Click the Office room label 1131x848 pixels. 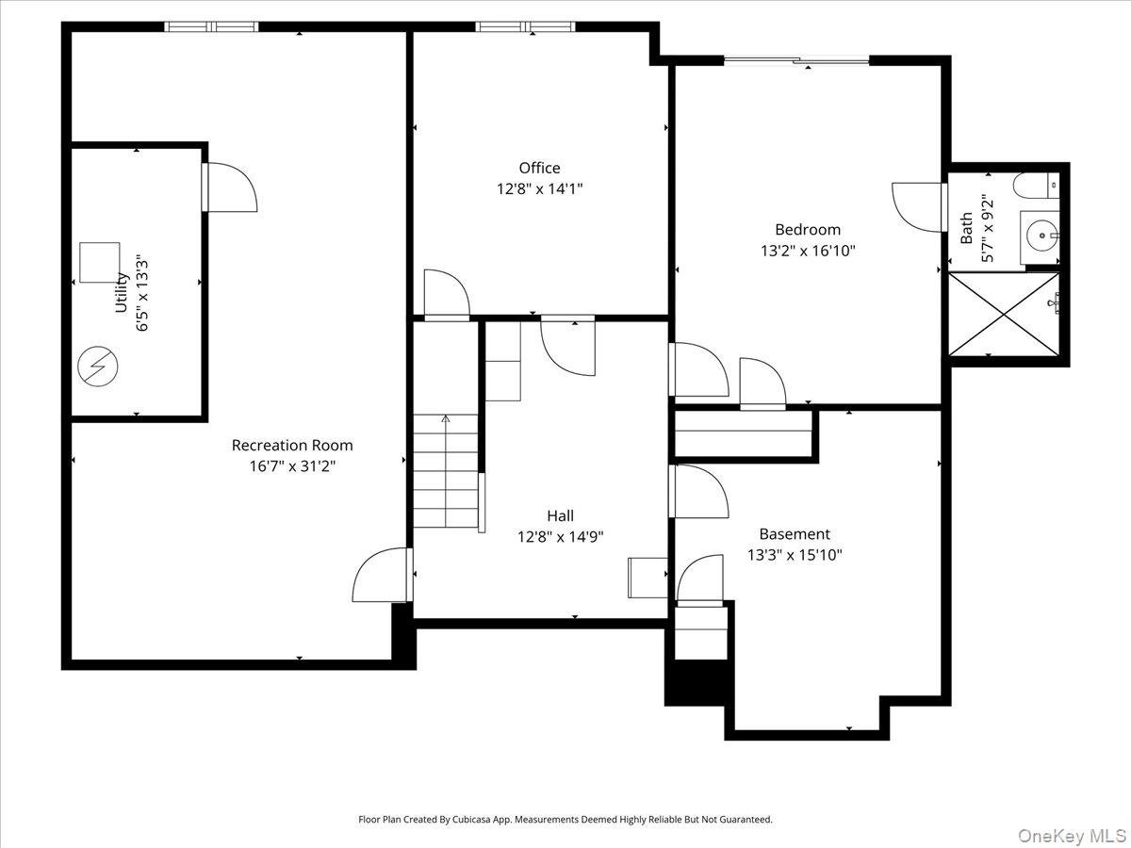(539, 168)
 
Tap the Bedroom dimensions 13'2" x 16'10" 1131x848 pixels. (808, 251)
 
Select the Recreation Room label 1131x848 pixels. (292, 445)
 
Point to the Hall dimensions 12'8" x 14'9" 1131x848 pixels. (560, 536)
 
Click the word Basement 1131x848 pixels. (795, 533)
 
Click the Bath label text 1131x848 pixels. (967, 228)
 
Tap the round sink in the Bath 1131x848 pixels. (1040, 229)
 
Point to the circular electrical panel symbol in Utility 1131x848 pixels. (97, 366)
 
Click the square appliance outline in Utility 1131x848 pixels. (99, 262)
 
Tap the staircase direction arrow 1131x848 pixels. (446, 419)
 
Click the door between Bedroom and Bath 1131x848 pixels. (919, 206)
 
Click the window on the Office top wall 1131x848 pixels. (526, 26)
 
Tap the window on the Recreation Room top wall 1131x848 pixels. (212, 26)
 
